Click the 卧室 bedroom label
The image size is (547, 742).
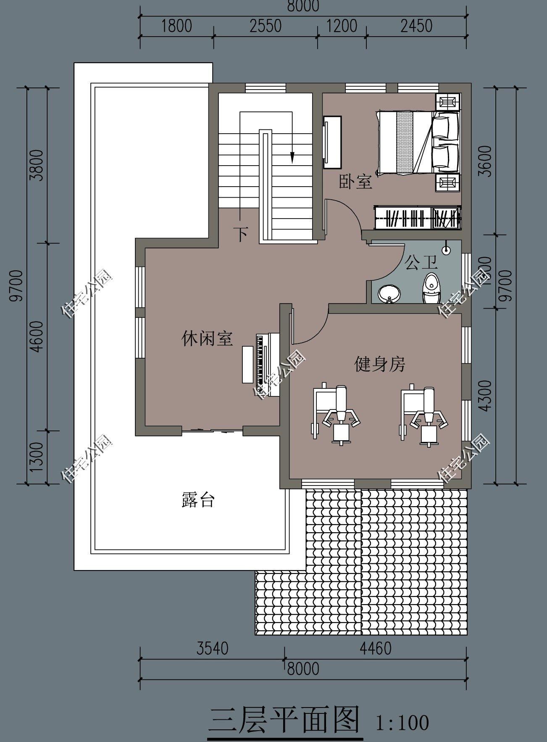coord(355,182)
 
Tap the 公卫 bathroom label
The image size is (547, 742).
coord(421,263)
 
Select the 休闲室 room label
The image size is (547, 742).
coord(207,338)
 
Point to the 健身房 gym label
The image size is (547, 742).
coord(380,364)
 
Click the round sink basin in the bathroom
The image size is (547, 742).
coord(389,294)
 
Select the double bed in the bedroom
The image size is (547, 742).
coord(418,142)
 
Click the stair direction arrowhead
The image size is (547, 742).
coord(292,158)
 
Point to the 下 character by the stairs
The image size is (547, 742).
coord(240,234)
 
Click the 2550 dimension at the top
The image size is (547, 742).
coord(265,26)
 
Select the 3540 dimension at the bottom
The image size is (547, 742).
coord(212,648)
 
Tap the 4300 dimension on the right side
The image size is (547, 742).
coord(485,396)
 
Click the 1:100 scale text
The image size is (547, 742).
coord(402,722)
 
